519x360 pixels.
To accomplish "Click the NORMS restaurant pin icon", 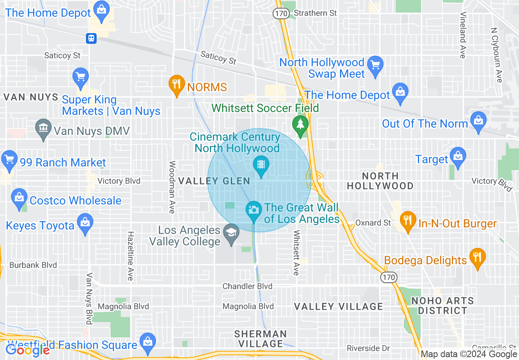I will click(x=176, y=85).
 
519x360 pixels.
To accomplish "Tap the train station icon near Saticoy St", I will click(x=91, y=38).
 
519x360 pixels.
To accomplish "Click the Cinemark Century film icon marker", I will click(x=261, y=165).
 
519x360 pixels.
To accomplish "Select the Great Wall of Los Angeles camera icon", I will click(x=253, y=210).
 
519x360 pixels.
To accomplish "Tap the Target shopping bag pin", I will click(x=458, y=156).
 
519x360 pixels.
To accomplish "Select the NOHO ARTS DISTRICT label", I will click(x=442, y=306).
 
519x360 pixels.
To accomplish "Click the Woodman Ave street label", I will click(x=172, y=187).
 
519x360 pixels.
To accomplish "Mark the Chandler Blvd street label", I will click(x=247, y=286).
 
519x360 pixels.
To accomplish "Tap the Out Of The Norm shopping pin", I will click(x=478, y=121).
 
